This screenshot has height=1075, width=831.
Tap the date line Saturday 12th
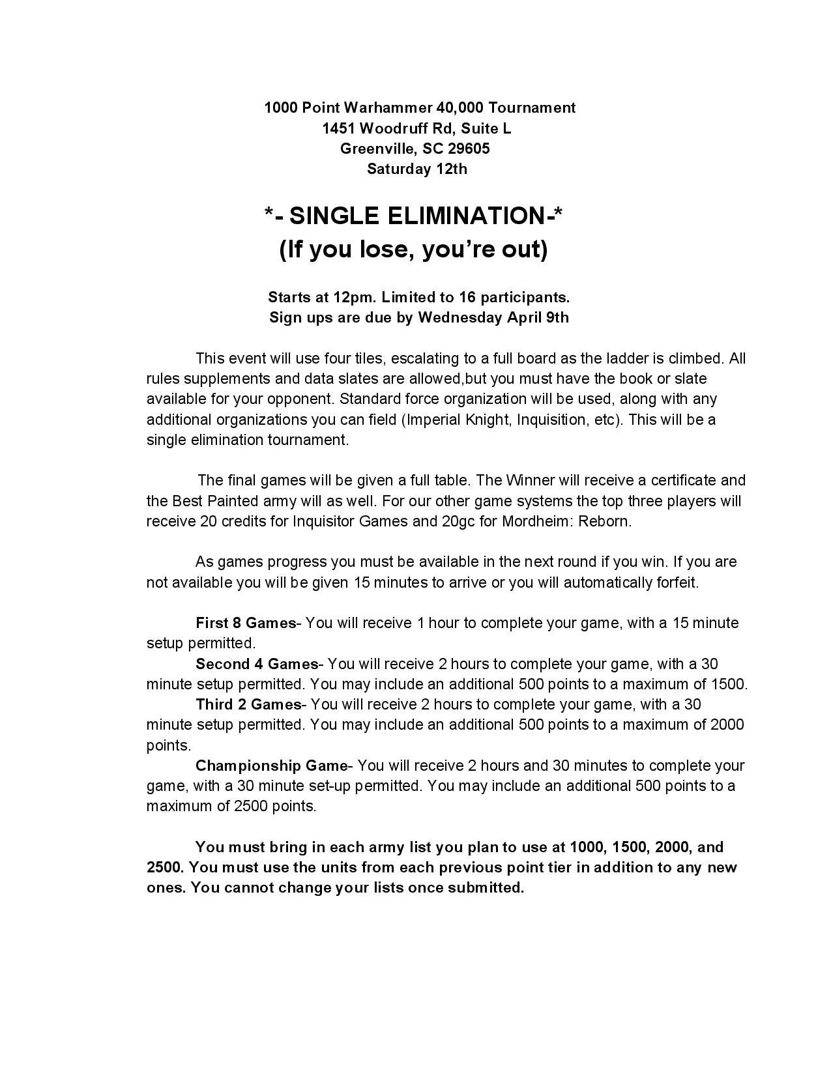(417, 169)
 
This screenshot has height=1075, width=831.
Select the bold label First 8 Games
(246, 623)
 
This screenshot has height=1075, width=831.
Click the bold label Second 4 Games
(257, 664)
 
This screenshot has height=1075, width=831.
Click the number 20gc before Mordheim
(450, 521)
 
